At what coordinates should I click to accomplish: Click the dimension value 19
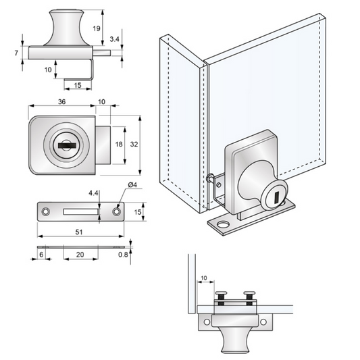[96, 28]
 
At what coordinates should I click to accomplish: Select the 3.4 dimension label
[116, 40]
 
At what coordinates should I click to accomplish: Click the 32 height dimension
[134, 145]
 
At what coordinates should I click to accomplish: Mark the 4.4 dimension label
[93, 193]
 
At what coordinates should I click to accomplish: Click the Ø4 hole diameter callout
[132, 185]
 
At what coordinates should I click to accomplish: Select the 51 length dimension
[80, 232]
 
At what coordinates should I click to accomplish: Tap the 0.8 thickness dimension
[122, 255]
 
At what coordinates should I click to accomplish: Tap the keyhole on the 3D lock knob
[278, 197]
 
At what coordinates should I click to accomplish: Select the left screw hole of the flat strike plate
[47, 212]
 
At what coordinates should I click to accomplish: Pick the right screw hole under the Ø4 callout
[117, 212]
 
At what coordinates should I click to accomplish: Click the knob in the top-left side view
[67, 28]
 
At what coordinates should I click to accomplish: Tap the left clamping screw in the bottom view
[221, 295]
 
